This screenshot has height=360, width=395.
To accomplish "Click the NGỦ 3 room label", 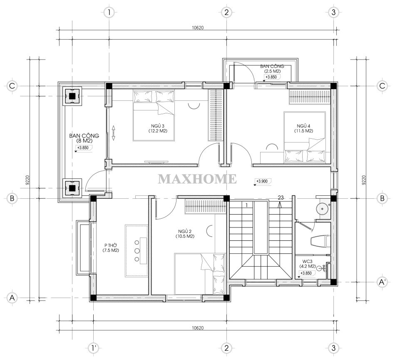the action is (158, 128).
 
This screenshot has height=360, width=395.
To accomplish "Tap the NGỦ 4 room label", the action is (303, 128).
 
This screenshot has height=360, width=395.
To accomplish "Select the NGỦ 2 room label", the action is (185, 234).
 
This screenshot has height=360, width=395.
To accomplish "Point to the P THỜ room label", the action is (111, 247).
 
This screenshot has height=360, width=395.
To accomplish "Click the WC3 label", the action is (308, 264).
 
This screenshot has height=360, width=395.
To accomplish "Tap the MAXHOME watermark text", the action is (197, 179).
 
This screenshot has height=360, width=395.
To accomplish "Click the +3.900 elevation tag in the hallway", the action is (262, 181).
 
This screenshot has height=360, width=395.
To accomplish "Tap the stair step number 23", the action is (281, 198).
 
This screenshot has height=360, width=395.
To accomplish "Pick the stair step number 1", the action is (247, 205).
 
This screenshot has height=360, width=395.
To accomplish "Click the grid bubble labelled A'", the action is (383, 282).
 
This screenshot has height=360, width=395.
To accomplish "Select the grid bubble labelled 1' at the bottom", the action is (94, 348).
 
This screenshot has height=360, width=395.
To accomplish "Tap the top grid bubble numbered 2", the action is (226, 12).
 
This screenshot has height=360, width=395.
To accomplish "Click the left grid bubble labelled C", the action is (12, 86).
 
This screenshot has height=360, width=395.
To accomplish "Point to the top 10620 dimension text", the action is (197, 28).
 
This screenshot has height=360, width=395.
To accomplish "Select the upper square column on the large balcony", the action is (72, 96).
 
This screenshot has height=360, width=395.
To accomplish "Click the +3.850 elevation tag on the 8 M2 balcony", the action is (83, 148).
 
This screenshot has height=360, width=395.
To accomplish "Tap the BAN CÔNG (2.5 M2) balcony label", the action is (272, 69).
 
